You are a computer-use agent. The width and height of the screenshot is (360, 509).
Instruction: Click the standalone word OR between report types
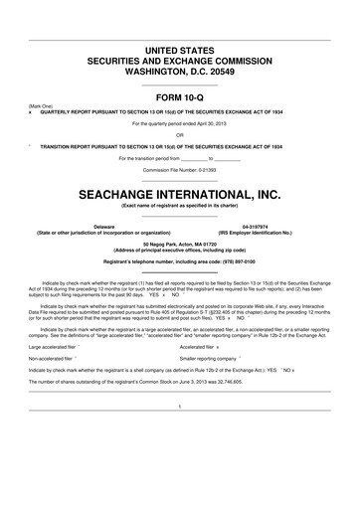click(180, 134)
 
